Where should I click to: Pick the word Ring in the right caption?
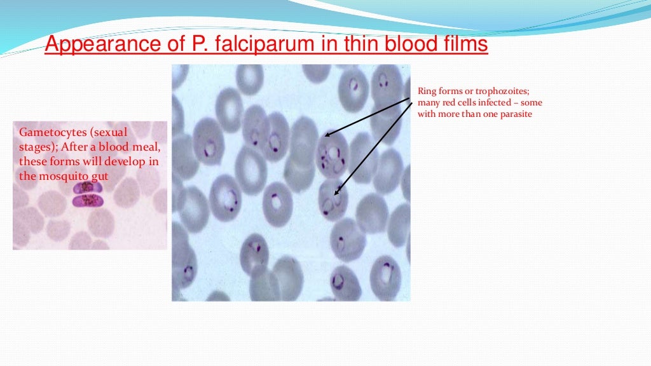point(427,91)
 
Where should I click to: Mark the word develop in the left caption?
point(123,162)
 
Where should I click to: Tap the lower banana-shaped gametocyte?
point(88,201)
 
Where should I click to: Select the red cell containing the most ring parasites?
point(332,154)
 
